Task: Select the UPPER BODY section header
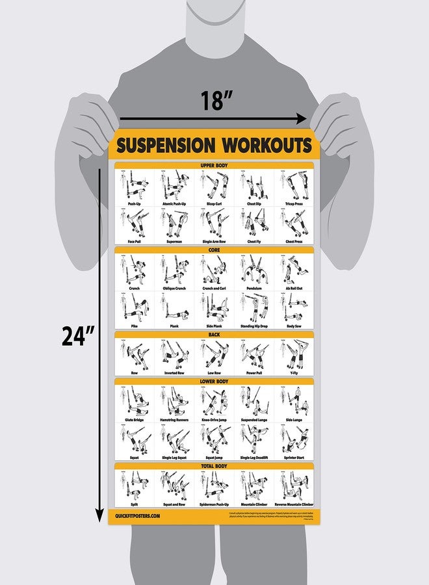(214, 166)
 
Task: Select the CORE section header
(214, 250)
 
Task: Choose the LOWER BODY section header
(214, 382)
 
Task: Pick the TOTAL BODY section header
(214, 466)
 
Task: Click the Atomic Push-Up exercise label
(174, 203)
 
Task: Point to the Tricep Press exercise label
(294, 203)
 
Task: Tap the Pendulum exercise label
(254, 288)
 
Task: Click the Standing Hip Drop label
(254, 326)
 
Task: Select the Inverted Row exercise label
(174, 373)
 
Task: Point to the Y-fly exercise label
(294, 373)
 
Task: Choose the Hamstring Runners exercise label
(174, 420)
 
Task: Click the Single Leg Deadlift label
(254, 458)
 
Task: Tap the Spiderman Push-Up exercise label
(214, 504)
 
